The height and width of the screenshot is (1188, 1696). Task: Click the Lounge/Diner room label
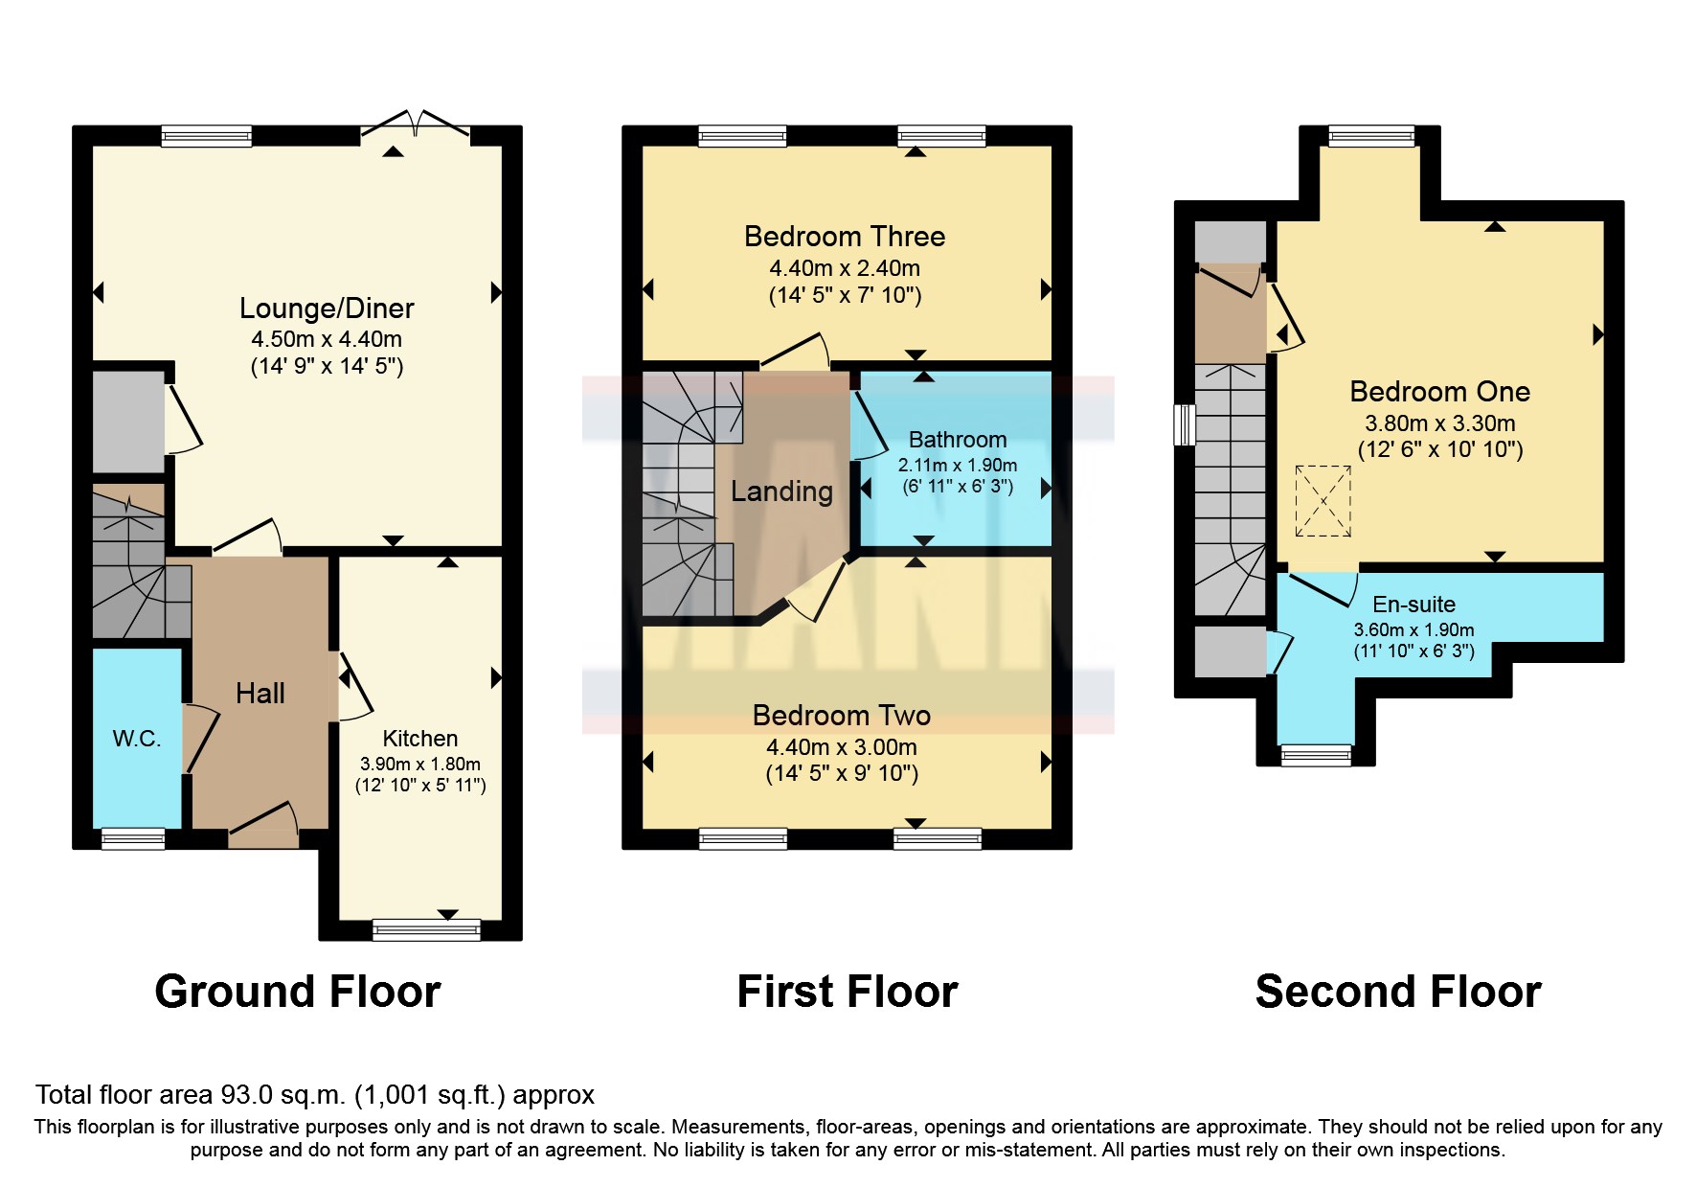pyautogui.click(x=327, y=308)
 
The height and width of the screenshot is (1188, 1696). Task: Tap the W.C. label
pyautogui.click(x=137, y=739)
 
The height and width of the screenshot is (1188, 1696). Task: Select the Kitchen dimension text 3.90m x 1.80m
pyautogui.click(x=420, y=765)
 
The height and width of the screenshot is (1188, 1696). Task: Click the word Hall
pyautogui.click(x=260, y=693)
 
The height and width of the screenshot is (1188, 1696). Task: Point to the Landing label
pyautogui.click(x=781, y=491)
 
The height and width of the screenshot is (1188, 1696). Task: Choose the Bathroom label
pyautogui.click(x=958, y=440)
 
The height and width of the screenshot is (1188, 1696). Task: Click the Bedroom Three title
pyautogui.click(x=845, y=237)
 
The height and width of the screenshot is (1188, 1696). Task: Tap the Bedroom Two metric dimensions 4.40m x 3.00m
pyautogui.click(x=842, y=747)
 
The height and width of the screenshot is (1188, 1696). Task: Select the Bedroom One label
pyautogui.click(x=1439, y=392)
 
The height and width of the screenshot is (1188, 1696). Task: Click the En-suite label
pyautogui.click(x=1413, y=605)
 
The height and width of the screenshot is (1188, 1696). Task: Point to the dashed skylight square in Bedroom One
pyautogui.click(x=1323, y=501)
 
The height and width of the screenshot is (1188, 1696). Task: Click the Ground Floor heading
pyautogui.click(x=298, y=992)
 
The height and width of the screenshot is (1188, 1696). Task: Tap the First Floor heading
pyautogui.click(x=848, y=992)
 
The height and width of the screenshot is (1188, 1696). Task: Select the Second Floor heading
pyautogui.click(x=1398, y=992)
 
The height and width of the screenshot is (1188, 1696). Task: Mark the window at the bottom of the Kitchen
pyautogui.click(x=427, y=929)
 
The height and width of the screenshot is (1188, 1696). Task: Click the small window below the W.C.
pyautogui.click(x=133, y=839)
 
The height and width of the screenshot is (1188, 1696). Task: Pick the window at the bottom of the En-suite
pyautogui.click(x=1317, y=756)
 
